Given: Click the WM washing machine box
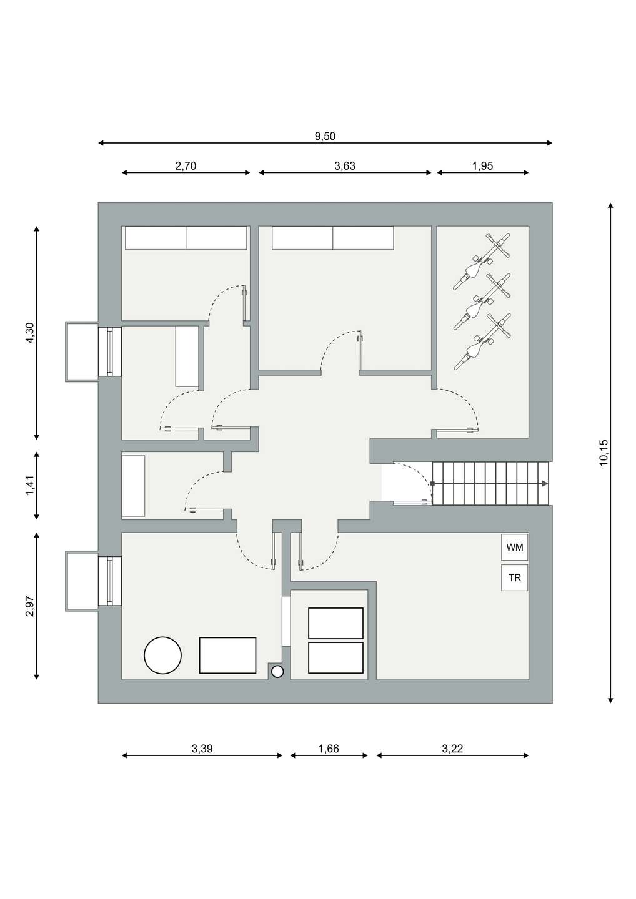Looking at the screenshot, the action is [x=514, y=547].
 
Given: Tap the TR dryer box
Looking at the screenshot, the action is [x=514, y=577].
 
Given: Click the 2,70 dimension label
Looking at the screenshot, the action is [x=186, y=165].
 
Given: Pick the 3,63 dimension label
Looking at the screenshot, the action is [x=345, y=165].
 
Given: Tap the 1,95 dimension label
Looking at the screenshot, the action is [x=482, y=165].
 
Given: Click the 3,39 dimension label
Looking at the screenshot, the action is [x=202, y=748].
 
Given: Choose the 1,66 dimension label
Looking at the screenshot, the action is [x=329, y=748].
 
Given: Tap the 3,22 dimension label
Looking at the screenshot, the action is [x=452, y=748].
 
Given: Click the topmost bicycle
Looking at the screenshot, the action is [x=482, y=262].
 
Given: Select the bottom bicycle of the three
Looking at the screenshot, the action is [x=482, y=341].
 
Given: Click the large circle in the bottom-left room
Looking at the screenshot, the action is [x=162, y=655].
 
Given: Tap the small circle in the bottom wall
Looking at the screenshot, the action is [x=277, y=672].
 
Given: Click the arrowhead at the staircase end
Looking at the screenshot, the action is [x=545, y=484].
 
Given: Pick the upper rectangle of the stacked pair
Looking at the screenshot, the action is [x=335, y=623].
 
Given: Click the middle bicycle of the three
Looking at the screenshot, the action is [x=482, y=302].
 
